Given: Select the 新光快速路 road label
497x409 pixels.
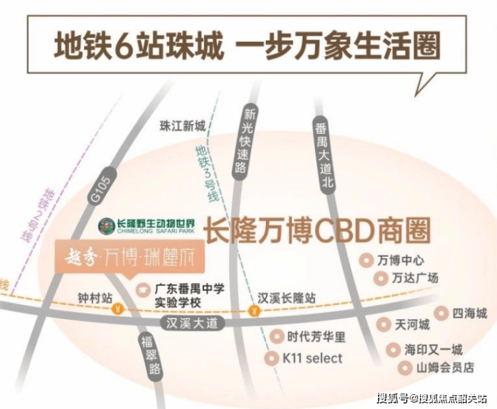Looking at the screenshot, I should [x=250, y=140].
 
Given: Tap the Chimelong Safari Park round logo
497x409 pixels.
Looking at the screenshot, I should [x=107, y=225].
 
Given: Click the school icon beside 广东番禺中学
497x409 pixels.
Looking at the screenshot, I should [x=142, y=290].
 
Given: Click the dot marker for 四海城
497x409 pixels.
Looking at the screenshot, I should [x=440, y=312].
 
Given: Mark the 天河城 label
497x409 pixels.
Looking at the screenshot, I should [x=412, y=325].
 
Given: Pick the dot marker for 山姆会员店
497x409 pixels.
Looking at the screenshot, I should [x=404, y=367].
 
